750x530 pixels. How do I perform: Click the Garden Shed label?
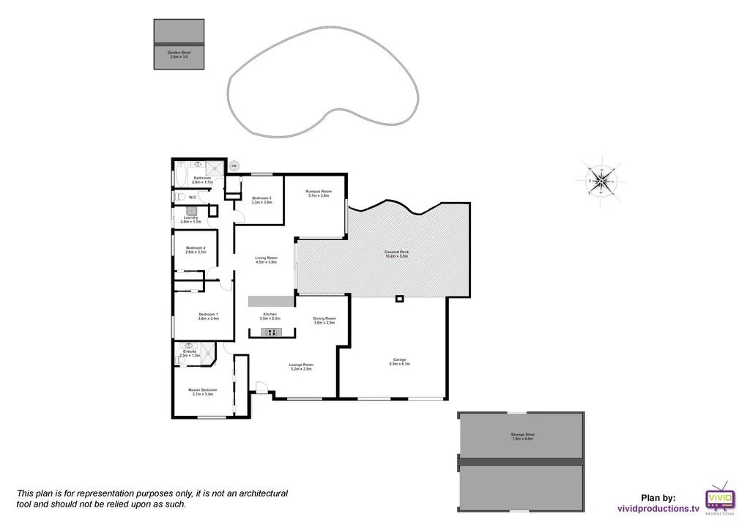click(x=178, y=54)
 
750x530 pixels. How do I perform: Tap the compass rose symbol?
click(x=600, y=178)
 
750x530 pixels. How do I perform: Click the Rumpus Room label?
click(x=319, y=193)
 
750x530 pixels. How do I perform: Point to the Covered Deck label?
click(x=396, y=254)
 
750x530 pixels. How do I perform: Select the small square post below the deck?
click(x=399, y=298)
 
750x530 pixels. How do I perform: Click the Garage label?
click(x=399, y=362)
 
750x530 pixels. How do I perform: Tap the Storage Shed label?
click(x=523, y=436)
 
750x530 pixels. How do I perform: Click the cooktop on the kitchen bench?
click(x=271, y=333)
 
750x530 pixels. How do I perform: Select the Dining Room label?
click(x=324, y=320)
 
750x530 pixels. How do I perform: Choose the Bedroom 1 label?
click(x=208, y=316)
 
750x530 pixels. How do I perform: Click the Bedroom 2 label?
click(x=196, y=250)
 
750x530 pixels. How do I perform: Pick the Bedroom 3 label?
click(x=261, y=200)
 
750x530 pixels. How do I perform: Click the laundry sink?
click(x=189, y=210)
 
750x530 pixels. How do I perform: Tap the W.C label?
click(x=192, y=197)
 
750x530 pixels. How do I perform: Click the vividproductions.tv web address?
click(x=657, y=507)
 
